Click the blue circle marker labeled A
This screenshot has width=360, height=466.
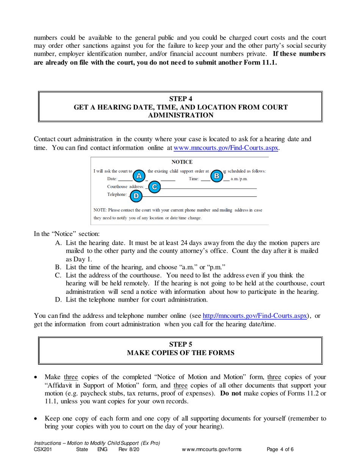(x=139, y=176)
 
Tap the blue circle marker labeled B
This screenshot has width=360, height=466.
(x=217, y=176)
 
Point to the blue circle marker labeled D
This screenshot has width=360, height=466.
(x=136, y=196)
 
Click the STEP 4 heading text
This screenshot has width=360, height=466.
(x=180, y=99)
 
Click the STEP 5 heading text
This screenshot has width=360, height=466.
(x=180, y=344)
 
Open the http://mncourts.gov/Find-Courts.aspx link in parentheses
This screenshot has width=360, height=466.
(x=255, y=316)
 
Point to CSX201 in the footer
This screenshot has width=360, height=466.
(x=42, y=449)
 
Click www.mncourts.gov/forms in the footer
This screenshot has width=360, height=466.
(x=212, y=449)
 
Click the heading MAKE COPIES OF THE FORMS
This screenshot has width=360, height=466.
(x=180, y=353)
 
